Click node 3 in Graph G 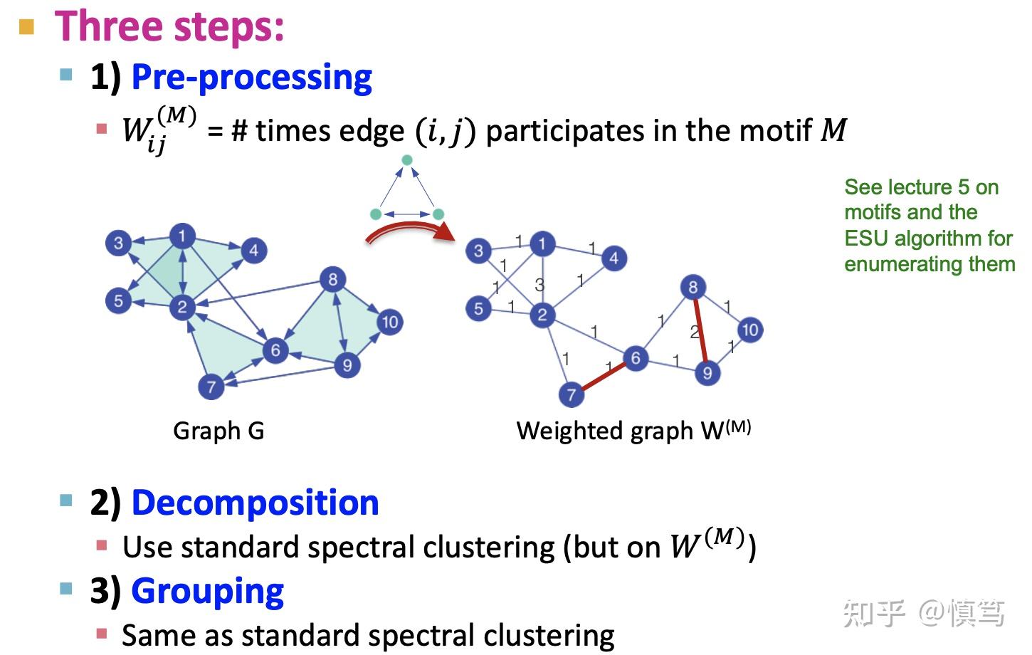[118, 243]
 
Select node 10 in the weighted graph [749, 330]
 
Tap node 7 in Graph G [211, 387]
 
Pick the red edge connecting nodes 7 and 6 [604, 376]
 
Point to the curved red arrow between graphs [409, 230]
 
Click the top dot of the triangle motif [407, 160]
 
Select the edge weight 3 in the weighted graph [539, 285]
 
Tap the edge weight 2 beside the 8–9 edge [694, 332]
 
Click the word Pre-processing [251, 77]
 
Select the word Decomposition [255, 503]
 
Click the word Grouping [207, 591]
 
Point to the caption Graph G [218, 431]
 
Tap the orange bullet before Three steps [26, 28]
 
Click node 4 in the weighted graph [614, 258]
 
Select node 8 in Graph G [332, 279]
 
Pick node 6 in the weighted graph [636, 358]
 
